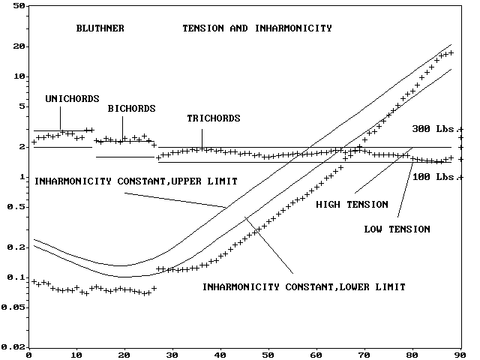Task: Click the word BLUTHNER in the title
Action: [x=100, y=28]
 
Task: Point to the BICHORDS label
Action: [x=131, y=109]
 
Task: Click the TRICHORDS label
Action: [x=213, y=118]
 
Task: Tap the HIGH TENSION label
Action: [x=352, y=204]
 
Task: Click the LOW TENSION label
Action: [x=397, y=229]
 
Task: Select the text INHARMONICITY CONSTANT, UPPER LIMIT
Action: [x=136, y=181]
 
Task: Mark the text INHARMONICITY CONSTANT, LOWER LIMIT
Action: [x=304, y=286]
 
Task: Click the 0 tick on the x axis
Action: [x=28, y=355]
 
